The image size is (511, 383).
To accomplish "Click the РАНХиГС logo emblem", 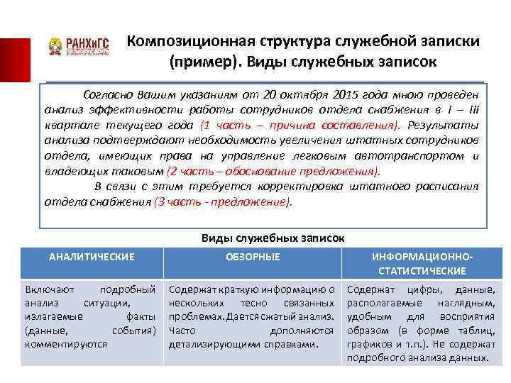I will [55, 47].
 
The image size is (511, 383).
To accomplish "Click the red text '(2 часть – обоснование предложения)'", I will [273, 171].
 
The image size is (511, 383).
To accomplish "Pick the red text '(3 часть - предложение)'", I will [223, 201].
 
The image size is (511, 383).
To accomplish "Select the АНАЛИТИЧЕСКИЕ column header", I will [91, 257].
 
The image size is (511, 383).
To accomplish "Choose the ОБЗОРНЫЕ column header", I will [253, 257].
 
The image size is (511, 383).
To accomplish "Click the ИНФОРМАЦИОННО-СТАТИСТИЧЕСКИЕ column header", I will [422, 264].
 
